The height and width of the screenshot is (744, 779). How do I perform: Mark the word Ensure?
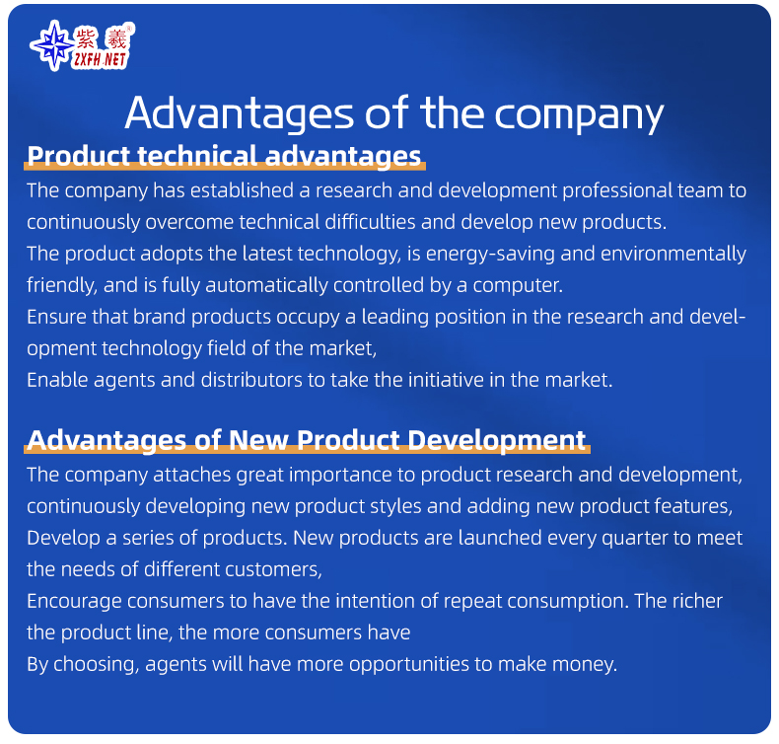[57, 317]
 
